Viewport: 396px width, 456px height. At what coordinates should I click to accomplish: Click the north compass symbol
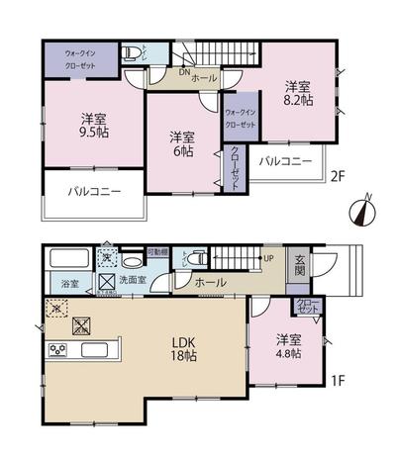[x=363, y=210]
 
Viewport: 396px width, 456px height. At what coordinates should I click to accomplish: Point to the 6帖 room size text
[x=180, y=142]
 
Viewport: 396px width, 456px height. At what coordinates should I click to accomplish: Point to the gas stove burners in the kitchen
[x=57, y=350]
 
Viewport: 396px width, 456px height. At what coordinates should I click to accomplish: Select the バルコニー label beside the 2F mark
[x=286, y=160]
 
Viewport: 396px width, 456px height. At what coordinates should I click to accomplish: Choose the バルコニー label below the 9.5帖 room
[x=94, y=192]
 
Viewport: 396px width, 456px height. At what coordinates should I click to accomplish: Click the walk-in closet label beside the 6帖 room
[x=242, y=120]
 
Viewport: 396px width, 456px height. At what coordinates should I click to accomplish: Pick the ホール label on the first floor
[x=209, y=282]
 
